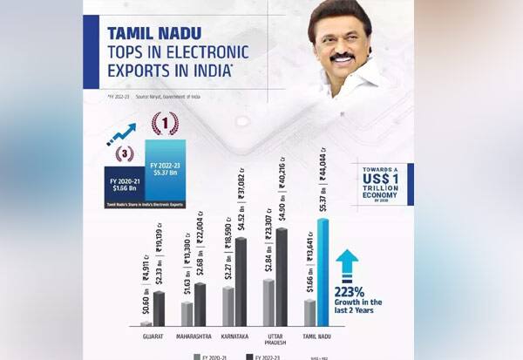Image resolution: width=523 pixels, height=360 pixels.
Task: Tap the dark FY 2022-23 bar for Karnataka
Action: (241, 280)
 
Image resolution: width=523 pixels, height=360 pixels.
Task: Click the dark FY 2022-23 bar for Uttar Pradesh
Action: (281, 275)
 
